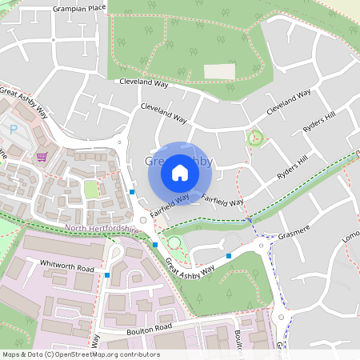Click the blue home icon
click(x=180, y=173)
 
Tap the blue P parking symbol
click(x=13, y=129)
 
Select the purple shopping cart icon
click(x=42, y=157)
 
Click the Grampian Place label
click(x=79, y=7)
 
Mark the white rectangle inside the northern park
click(x=219, y=71)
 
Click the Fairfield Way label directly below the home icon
click(x=169, y=204)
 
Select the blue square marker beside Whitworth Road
click(x=107, y=275)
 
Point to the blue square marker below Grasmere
click(x=229, y=256)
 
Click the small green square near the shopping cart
click(x=91, y=189)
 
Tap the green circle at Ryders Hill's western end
click(x=256, y=137)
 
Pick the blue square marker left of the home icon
click(x=132, y=192)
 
